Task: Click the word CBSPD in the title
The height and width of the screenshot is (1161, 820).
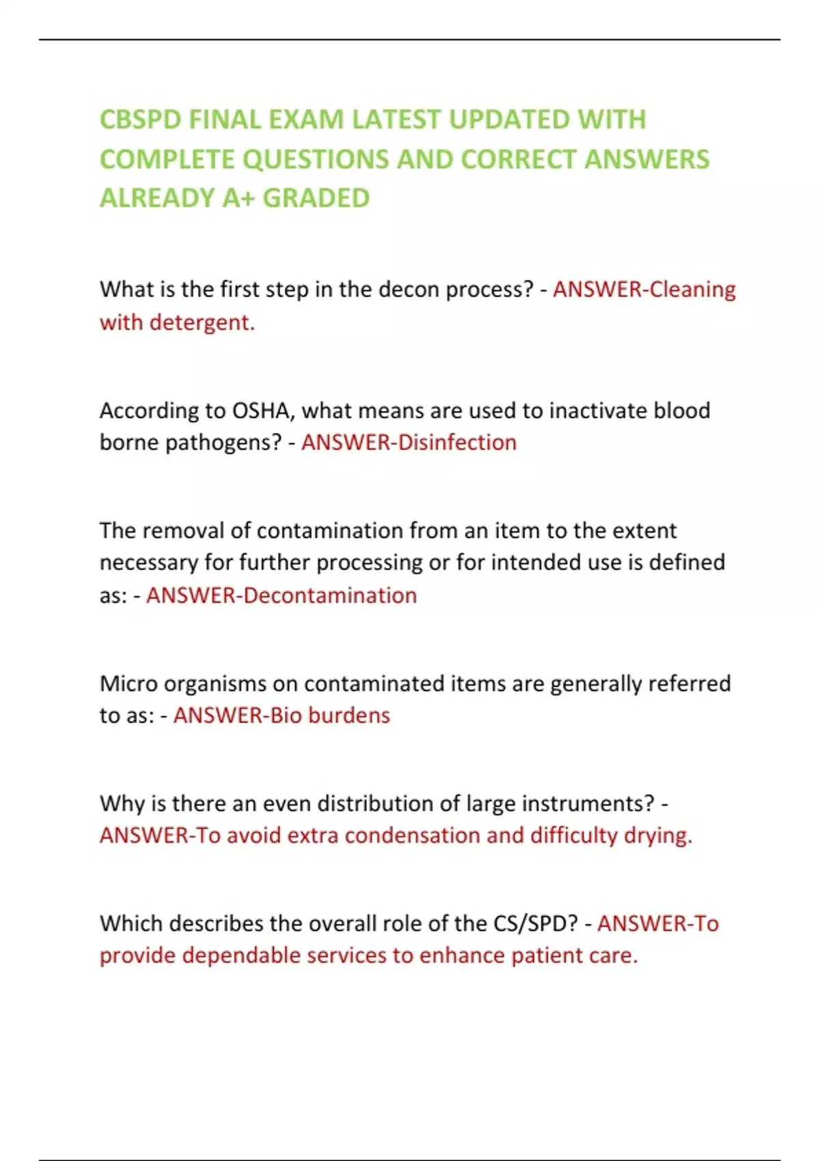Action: click(141, 120)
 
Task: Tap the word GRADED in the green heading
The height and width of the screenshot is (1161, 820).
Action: click(316, 198)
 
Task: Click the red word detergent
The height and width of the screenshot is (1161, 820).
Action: click(202, 322)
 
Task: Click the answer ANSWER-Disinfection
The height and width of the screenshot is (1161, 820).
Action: click(409, 443)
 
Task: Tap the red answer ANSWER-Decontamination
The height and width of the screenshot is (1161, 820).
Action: click(282, 596)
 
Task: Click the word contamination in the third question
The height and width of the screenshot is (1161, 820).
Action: click(330, 531)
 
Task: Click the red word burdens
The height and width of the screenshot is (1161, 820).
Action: click(349, 716)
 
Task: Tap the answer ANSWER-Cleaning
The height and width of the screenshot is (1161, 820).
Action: click(644, 290)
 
